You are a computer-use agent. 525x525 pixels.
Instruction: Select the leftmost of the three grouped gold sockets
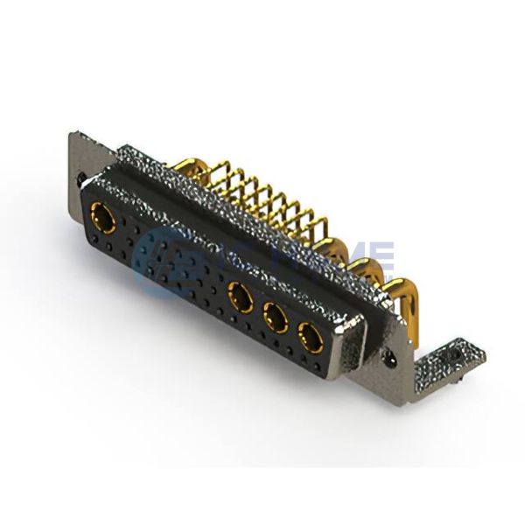237,296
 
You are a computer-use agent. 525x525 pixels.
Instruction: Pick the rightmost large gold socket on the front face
308,332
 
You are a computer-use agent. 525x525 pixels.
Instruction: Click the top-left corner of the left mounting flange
71,134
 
